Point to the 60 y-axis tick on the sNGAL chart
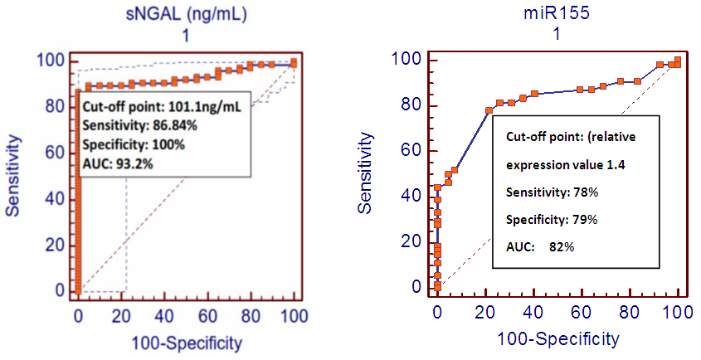(x=56, y=152)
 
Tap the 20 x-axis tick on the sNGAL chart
(x=121, y=316)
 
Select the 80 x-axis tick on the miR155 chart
(x=630, y=312)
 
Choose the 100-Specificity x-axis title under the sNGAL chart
(x=187, y=341)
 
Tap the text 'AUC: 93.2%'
(x=118, y=163)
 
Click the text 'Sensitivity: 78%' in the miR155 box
(x=548, y=192)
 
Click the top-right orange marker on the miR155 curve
(x=678, y=61)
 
